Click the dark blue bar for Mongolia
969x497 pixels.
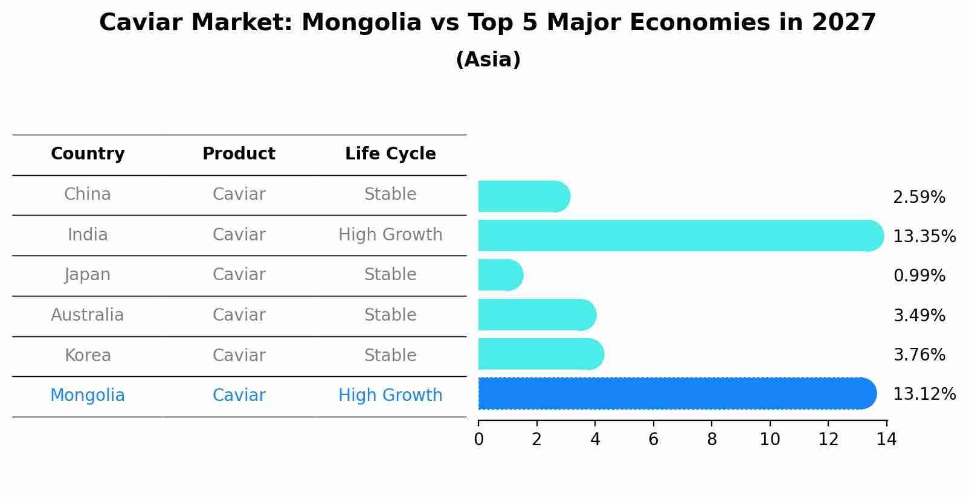pos(677,393)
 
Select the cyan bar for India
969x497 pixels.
pos(680,236)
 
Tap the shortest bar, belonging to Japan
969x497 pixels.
pos(500,275)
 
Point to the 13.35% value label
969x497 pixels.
pos(924,236)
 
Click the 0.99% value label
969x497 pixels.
pos(919,276)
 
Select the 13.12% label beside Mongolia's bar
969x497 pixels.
pos(924,394)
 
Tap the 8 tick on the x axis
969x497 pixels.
pos(712,439)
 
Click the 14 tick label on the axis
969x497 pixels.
pos(886,439)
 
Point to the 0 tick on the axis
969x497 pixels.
pos(478,439)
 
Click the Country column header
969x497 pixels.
pos(88,154)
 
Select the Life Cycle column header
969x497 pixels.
pos(390,154)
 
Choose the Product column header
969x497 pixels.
pos(239,154)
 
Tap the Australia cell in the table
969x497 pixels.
pos(88,315)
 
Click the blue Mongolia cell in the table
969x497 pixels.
pos(88,396)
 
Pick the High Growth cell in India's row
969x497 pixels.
pos(390,235)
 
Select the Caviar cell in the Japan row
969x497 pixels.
pos(239,275)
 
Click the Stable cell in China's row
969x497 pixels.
pos(390,194)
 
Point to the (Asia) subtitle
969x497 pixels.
pos(488,60)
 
